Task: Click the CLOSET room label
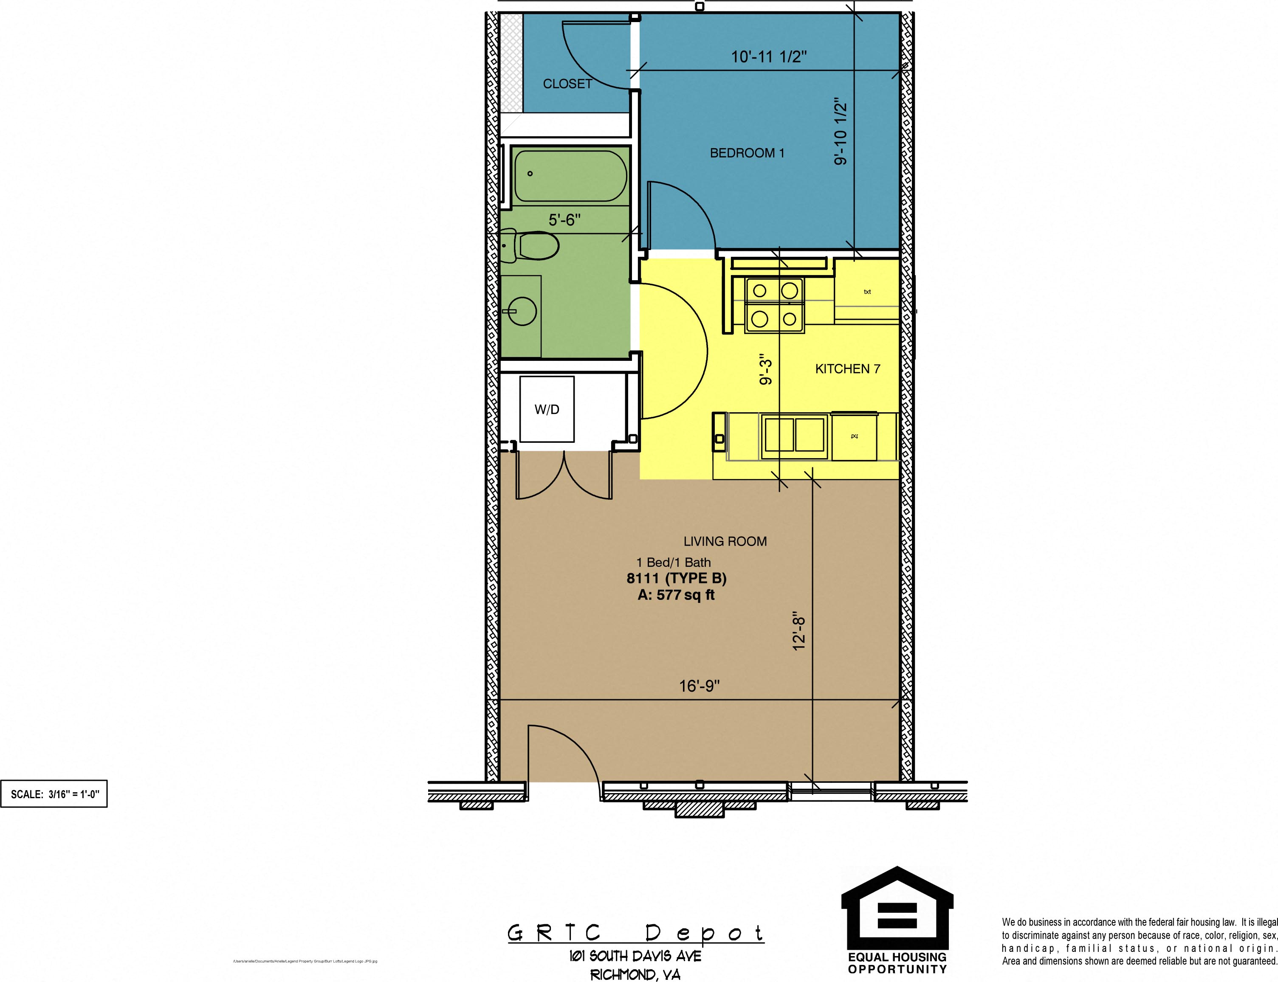[x=567, y=84]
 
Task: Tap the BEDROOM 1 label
[x=747, y=153]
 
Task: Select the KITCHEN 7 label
[x=847, y=369]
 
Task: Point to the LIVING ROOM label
[x=725, y=541]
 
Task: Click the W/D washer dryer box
[x=547, y=409]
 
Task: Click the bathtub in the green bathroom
[x=570, y=176]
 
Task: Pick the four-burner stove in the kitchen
[x=774, y=305]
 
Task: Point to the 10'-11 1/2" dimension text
[x=769, y=57]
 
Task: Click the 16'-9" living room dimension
[x=699, y=686]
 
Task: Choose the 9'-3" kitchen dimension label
[x=766, y=369]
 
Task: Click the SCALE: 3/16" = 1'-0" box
[x=54, y=794]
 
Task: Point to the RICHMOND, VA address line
[x=635, y=974]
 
